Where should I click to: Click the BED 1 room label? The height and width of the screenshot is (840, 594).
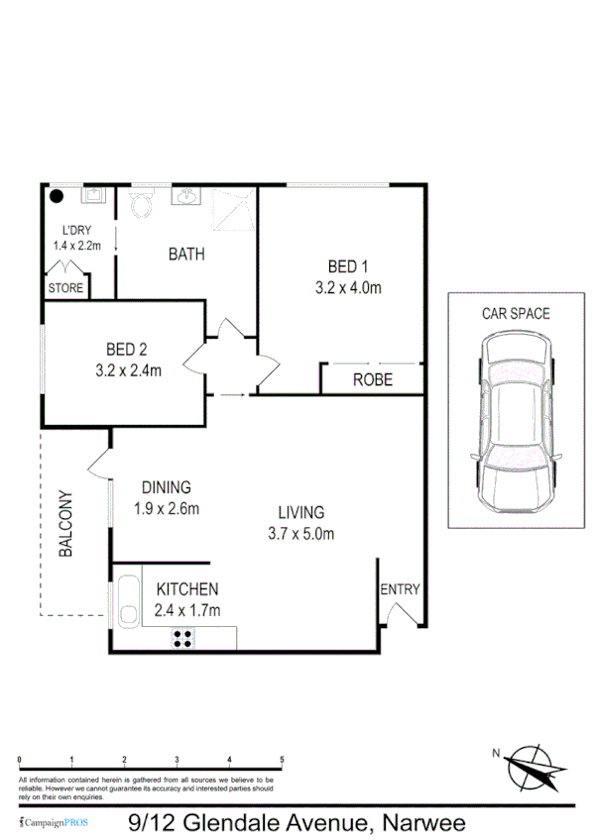(348, 265)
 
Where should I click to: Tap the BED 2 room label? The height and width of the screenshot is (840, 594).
(126, 349)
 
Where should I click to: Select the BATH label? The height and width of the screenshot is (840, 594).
(186, 254)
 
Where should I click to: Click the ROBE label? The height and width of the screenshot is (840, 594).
(373, 379)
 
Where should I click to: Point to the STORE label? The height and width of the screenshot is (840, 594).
(65, 288)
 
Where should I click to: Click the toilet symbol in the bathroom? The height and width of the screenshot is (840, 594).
(141, 205)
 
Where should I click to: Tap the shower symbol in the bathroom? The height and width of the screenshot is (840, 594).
(234, 205)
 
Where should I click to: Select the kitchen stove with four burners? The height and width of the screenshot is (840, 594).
(182, 638)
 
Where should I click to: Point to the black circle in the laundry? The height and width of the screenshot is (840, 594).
(59, 196)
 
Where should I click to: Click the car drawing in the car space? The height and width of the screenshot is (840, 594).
(516, 424)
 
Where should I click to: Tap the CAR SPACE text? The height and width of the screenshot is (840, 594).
(516, 314)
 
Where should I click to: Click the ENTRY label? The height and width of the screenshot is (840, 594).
(400, 589)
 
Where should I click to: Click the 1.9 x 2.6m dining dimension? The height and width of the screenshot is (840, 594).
(167, 510)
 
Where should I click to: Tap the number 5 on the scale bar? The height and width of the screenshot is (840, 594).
(283, 760)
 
